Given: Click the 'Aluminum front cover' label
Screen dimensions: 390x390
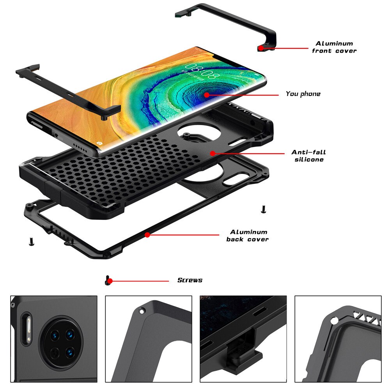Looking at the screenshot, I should tap(334, 47).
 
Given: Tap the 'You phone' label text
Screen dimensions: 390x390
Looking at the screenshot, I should tap(303, 94).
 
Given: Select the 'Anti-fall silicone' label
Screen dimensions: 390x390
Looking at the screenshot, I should tap(308, 156).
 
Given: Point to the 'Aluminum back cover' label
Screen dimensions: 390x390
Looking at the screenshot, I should tap(248, 236).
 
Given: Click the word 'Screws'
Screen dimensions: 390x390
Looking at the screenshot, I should tap(190, 280).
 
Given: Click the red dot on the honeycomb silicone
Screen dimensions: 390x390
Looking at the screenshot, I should tap(213, 153).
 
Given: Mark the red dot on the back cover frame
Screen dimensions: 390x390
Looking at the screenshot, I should tap(147, 235).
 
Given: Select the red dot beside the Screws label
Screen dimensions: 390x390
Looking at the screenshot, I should tap(110, 281).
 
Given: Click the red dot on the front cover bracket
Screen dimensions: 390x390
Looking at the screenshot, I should tap(261, 48).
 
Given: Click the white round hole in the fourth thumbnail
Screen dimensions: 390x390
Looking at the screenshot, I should tap(334, 320).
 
